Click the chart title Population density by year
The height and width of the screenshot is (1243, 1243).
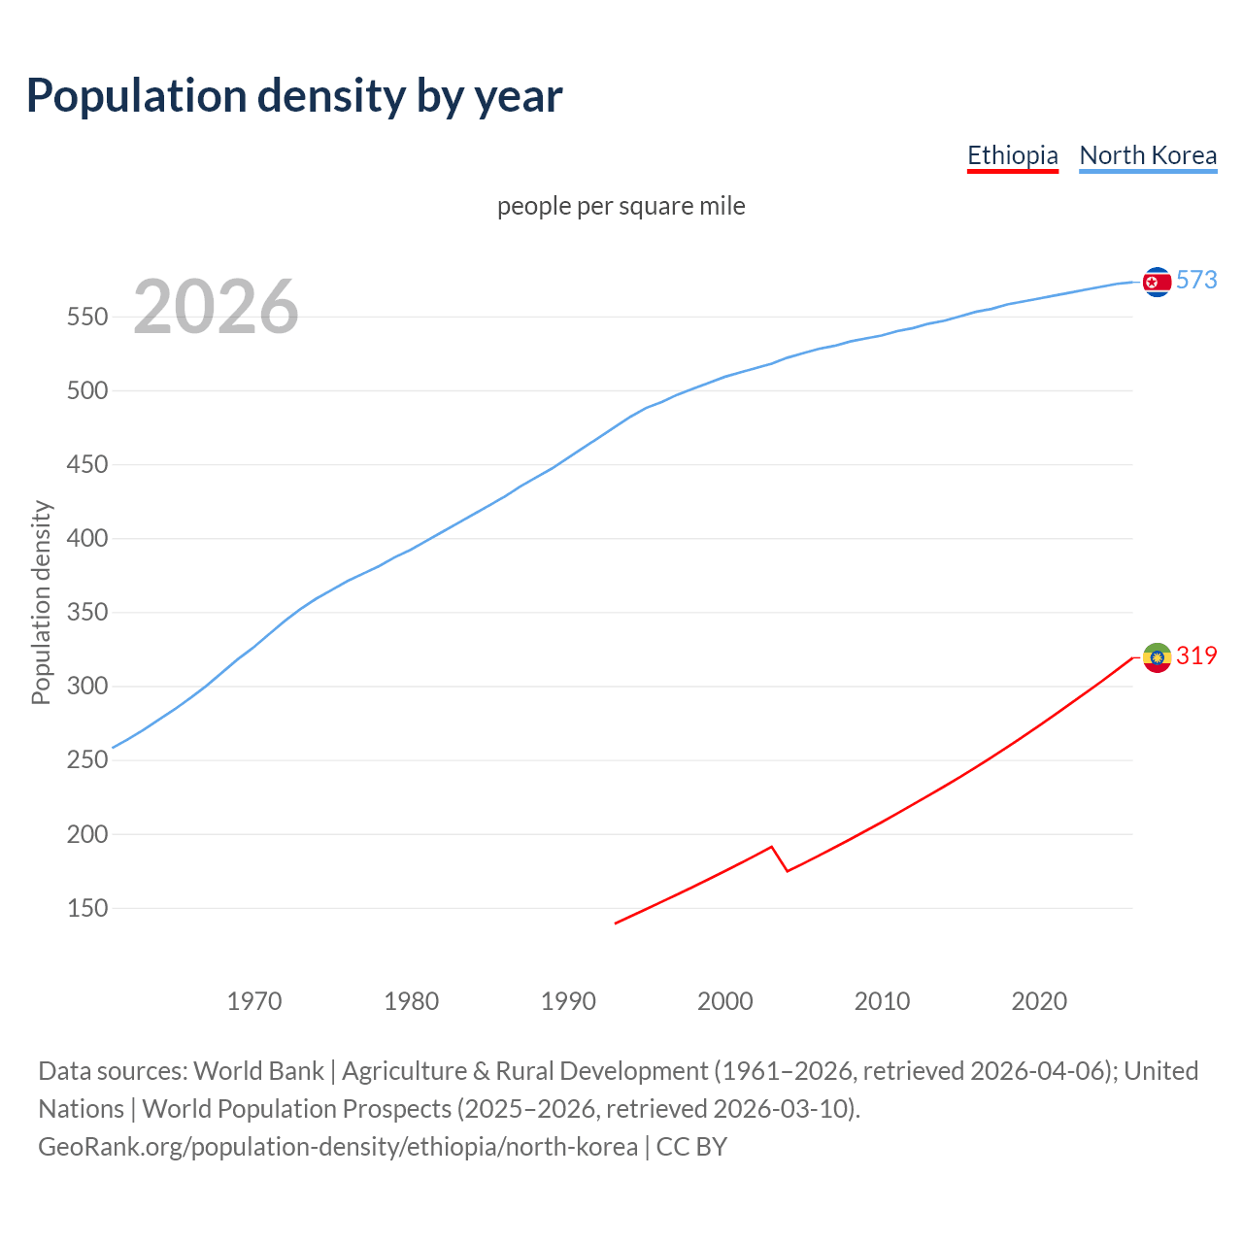(x=294, y=96)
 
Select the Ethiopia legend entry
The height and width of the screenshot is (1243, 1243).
(x=1012, y=155)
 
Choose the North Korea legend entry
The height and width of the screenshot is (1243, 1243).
(x=1148, y=155)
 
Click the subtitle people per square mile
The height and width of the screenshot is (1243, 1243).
(x=621, y=206)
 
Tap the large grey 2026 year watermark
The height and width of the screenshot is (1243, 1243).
(x=216, y=307)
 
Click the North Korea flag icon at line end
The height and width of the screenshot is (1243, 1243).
(x=1157, y=282)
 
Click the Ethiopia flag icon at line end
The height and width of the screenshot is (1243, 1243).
(x=1157, y=657)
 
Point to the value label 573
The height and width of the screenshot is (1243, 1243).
(x=1196, y=281)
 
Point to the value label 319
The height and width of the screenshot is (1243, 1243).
(x=1196, y=656)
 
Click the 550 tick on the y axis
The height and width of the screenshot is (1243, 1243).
(x=87, y=318)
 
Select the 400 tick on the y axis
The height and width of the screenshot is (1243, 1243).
(x=87, y=539)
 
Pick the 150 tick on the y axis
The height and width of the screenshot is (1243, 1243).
(x=87, y=909)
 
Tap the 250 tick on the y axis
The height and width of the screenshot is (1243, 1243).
(x=87, y=760)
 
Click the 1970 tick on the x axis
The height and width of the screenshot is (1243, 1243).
(x=254, y=1001)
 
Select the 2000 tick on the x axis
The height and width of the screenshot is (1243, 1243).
(x=725, y=1001)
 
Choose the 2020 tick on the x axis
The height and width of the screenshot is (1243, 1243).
(x=1039, y=1001)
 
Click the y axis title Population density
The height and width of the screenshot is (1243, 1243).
(x=41, y=602)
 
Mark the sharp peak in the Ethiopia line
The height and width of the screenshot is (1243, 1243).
(x=771, y=847)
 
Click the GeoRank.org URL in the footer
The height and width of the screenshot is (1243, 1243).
(x=338, y=1147)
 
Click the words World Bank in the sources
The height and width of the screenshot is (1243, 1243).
(x=258, y=1071)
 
